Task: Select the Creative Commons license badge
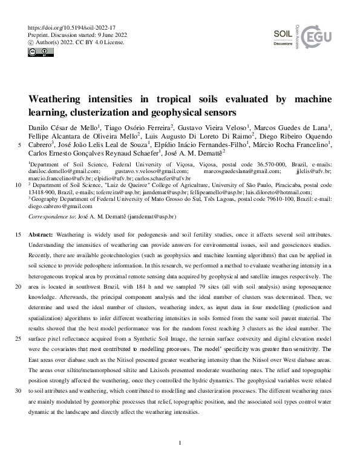tap(38, 52)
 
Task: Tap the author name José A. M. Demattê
tap(192, 153)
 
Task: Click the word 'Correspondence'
tap(50, 216)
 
